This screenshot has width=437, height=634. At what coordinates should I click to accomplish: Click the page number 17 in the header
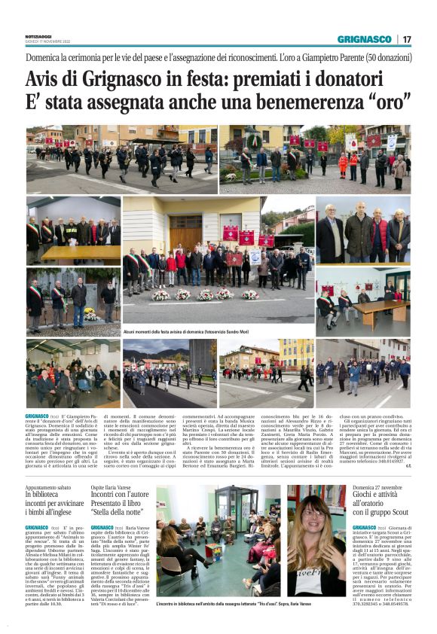click(x=406, y=39)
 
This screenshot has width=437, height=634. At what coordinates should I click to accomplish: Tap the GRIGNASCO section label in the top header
click(x=365, y=39)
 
